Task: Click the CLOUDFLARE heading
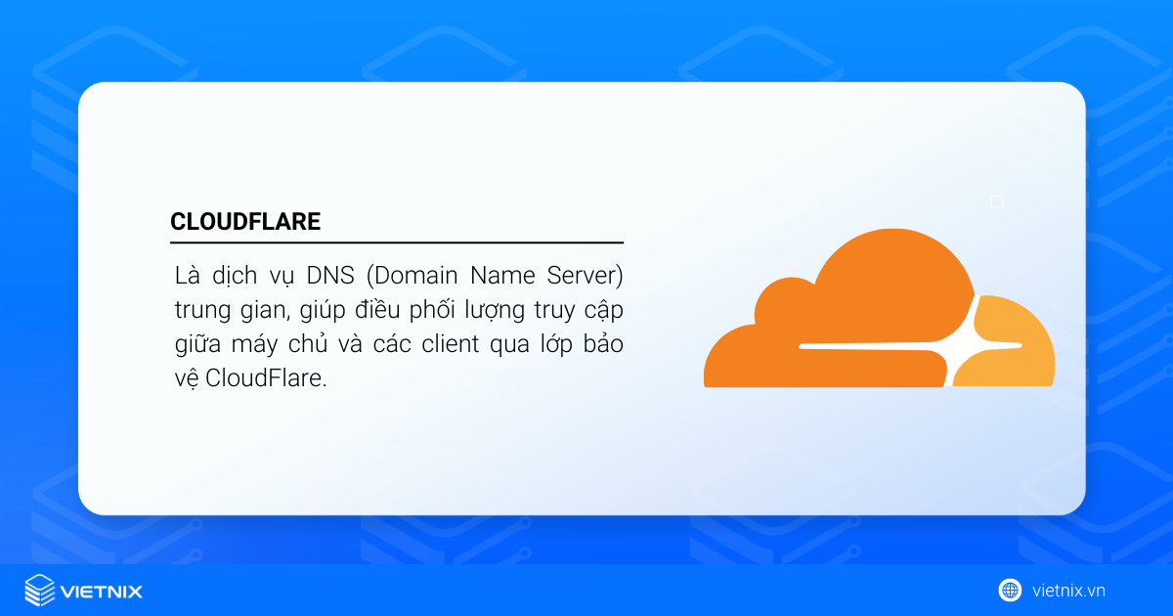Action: point(245,222)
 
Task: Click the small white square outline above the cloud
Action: point(997,201)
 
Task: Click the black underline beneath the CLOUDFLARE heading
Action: point(396,242)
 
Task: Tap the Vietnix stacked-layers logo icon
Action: point(39,590)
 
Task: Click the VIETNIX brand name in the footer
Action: point(102,591)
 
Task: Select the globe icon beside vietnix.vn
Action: point(1010,590)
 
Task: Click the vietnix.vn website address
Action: point(1068,591)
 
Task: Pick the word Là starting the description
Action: point(183,275)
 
